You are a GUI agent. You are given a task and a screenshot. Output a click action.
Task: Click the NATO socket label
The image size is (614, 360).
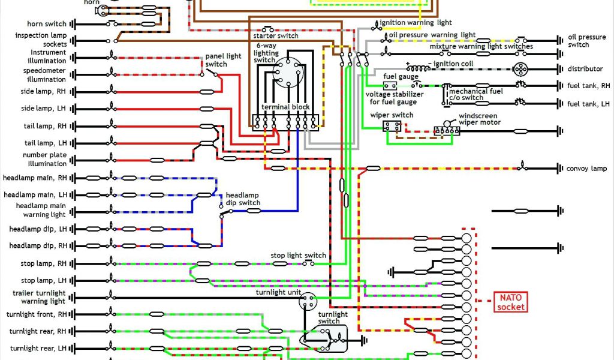point(510,302)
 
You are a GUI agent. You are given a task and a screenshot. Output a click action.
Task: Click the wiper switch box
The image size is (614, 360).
point(393,126)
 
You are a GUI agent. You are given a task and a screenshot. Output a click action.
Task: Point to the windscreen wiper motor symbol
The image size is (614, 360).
point(447,129)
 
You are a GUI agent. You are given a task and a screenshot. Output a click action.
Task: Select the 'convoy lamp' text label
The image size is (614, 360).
point(586,169)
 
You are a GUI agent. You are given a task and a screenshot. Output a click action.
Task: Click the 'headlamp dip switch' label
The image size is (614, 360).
point(243,199)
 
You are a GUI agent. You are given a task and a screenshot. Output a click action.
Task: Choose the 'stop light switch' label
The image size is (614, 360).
point(298,255)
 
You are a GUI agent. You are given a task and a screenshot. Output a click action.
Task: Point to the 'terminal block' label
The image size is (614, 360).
point(284,107)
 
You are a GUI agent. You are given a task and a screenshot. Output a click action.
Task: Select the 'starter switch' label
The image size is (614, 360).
point(280,36)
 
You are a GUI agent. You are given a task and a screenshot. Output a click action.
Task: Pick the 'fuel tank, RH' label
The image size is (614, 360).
point(588,86)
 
